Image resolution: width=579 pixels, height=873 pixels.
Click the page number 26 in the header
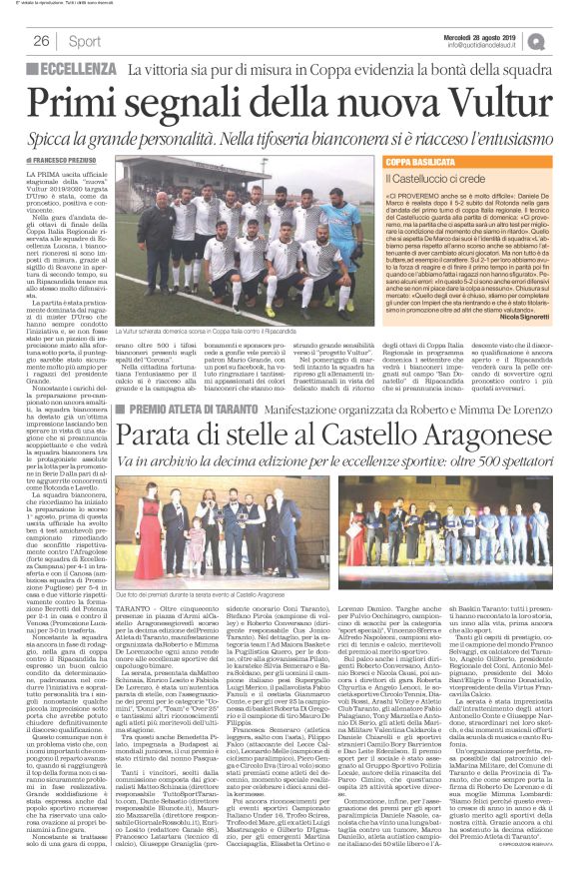(41, 41)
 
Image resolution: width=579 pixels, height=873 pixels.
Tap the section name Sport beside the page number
(86, 41)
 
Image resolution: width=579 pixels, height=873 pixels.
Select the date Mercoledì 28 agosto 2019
(486, 35)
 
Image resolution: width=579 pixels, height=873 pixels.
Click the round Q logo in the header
(565, 40)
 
